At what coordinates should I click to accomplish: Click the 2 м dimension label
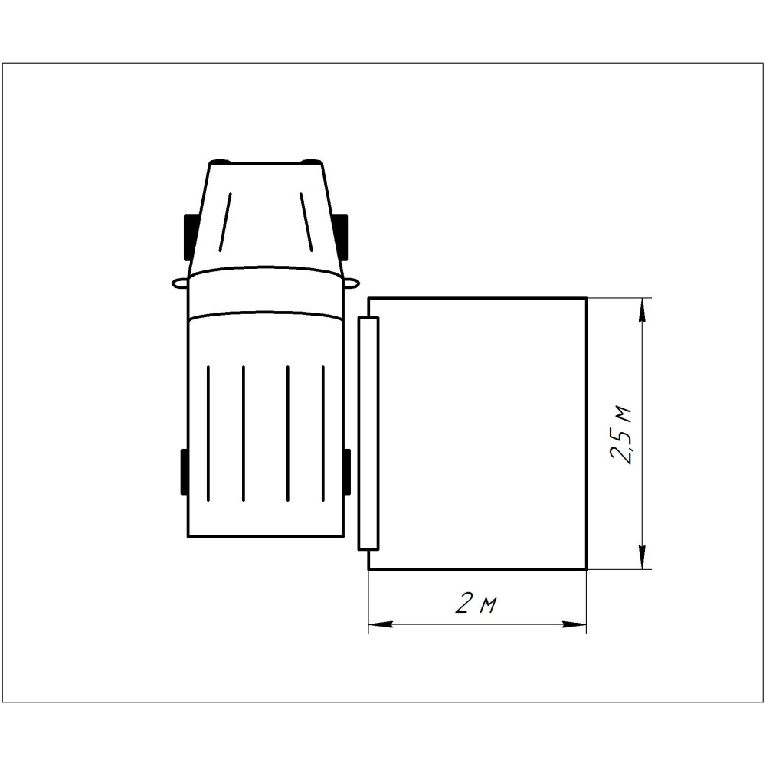[476, 604]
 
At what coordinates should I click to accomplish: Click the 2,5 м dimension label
[620, 434]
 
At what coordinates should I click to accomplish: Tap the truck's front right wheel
[343, 237]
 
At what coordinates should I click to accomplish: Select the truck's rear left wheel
[184, 472]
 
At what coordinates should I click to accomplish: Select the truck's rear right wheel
[347, 472]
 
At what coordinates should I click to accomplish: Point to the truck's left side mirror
[179, 283]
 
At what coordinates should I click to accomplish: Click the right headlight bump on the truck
[311, 161]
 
